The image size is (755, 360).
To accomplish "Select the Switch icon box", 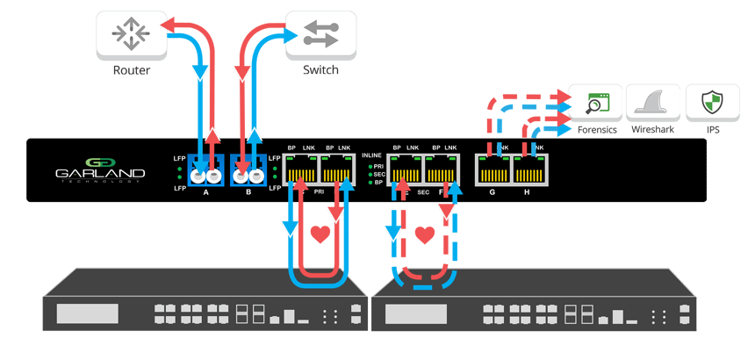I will click(313, 36).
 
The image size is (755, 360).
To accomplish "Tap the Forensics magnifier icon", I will click(596, 104).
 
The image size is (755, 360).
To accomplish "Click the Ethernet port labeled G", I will click(492, 168).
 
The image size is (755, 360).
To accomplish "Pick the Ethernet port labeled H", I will click(529, 168).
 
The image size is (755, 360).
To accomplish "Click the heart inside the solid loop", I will click(321, 235).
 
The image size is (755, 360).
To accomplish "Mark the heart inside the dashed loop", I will click(426, 235).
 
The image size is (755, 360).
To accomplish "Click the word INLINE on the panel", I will click(372, 155).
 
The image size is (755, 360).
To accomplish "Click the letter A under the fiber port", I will click(204, 191).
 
